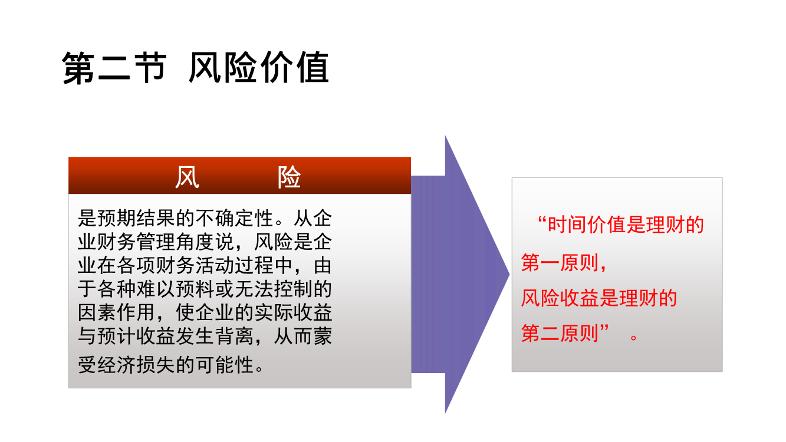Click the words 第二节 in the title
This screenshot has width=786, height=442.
coord(114,68)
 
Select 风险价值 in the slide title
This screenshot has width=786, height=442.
coord(259,67)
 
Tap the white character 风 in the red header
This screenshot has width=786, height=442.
coord(188,177)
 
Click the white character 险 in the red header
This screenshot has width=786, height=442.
coord(289,177)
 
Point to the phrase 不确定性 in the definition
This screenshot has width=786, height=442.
coord(235,218)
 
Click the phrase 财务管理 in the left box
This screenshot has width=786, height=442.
coord(136,242)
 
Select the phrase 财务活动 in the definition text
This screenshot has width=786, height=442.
coord(195,265)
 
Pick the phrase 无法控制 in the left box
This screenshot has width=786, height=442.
coord(274,289)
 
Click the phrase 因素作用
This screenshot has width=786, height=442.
coord(117,312)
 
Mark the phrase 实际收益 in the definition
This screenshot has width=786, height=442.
coord(293,312)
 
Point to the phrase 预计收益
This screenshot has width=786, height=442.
coord(136,336)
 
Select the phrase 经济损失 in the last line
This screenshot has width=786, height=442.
coord(136,365)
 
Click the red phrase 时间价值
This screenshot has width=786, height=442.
coord(587,225)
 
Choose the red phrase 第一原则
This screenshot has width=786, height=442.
coord(560,262)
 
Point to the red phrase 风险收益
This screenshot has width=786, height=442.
coord(560,298)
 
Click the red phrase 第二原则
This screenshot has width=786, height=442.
coord(560,333)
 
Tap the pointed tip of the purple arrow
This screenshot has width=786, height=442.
coord(509,274)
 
